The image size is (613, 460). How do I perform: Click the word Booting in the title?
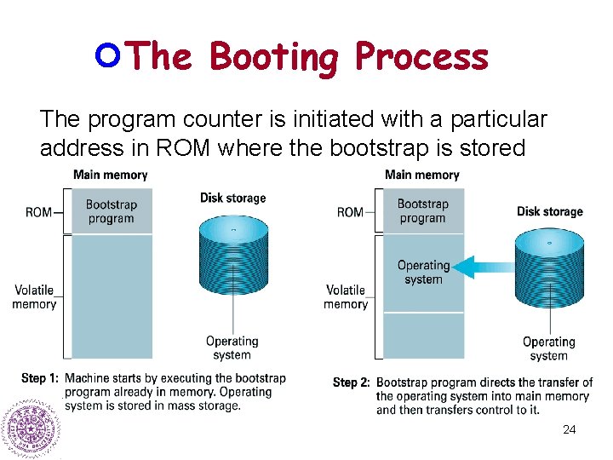click(x=275, y=58)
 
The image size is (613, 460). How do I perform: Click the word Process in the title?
click(x=421, y=58)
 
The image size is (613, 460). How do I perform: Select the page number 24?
click(x=569, y=429)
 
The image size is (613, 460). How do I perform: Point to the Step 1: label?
click(x=40, y=378)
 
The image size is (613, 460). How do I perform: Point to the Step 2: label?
click(x=351, y=382)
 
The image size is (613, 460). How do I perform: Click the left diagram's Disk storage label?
click(x=232, y=198)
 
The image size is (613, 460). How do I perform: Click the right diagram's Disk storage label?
click(x=549, y=211)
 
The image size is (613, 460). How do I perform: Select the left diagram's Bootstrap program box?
click(x=111, y=210)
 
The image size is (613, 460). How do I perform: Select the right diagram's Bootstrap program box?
click(x=422, y=210)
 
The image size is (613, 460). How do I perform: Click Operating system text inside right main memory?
click(x=423, y=272)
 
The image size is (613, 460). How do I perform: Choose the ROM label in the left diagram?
click(x=38, y=211)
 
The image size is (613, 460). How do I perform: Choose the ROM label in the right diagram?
click(x=350, y=211)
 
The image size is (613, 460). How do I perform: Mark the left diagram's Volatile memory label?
click(x=34, y=296)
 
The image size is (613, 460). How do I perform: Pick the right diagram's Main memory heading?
click(x=421, y=175)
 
